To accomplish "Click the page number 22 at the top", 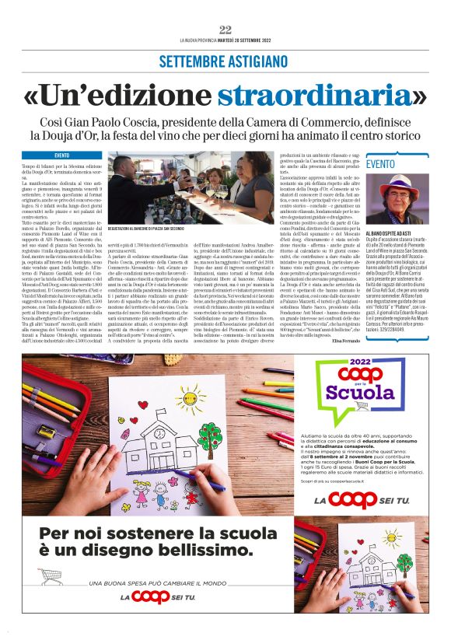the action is pyautogui.click(x=226, y=30).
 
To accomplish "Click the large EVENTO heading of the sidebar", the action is pyautogui.click(x=380, y=164).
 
